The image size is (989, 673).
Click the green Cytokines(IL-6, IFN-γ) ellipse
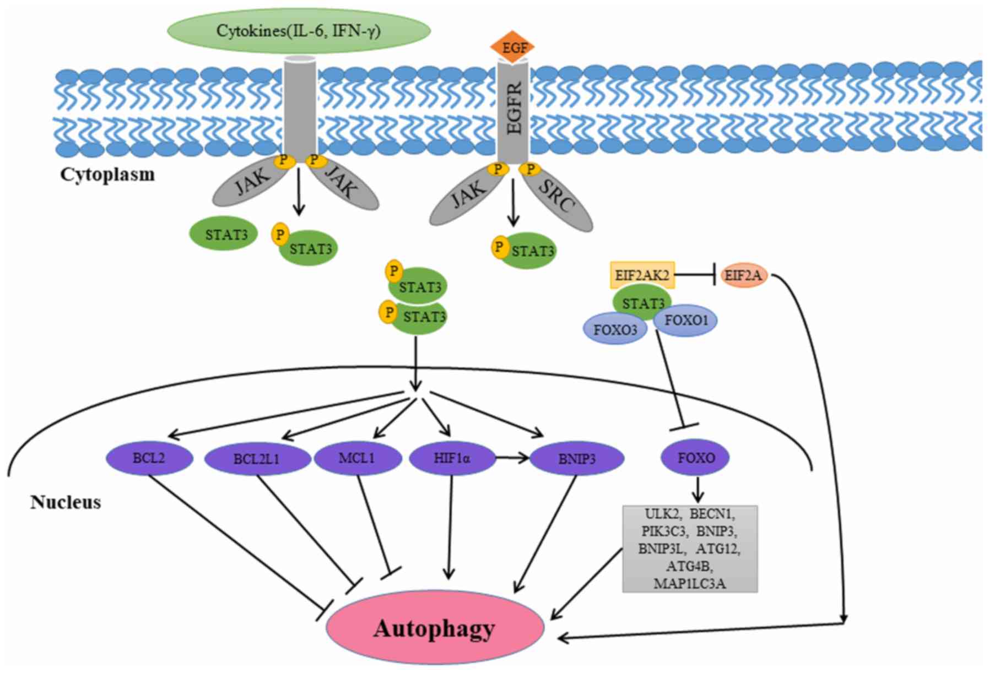coord(298,31)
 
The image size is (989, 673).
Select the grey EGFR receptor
coord(513,112)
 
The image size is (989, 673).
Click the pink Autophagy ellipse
coord(435,628)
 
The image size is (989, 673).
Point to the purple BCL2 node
coord(149,458)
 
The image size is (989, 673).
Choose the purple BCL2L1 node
coord(257,458)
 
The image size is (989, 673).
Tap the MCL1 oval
coord(358,458)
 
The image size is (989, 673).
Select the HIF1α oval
coord(452,458)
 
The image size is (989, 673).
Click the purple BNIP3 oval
coord(577,458)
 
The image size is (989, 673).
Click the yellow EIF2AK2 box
coord(642,275)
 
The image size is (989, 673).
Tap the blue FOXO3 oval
coord(615,329)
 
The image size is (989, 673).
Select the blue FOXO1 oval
coord(686,320)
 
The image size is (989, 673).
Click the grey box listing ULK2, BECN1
coord(690,549)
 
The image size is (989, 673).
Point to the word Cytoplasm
coord(107,175)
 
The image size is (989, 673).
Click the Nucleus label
coord(66,502)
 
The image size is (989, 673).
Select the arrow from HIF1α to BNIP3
coord(512,457)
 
